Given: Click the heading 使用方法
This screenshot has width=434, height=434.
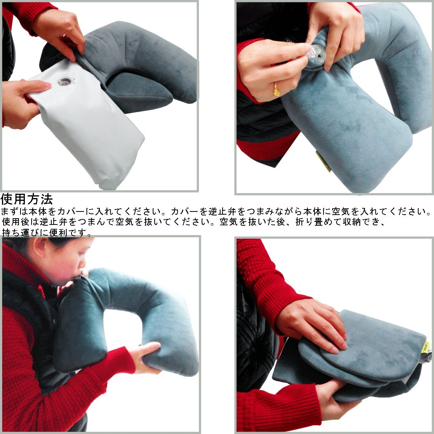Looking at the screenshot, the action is click(x=26, y=199).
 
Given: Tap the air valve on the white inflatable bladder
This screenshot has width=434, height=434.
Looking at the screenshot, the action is click(x=65, y=81).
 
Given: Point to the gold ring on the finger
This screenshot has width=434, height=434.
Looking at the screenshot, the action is click(x=276, y=89).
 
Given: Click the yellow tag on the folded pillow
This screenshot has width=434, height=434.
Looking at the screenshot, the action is click(x=425, y=347).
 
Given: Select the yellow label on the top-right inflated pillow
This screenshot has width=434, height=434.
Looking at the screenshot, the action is click(x=323, y=161).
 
